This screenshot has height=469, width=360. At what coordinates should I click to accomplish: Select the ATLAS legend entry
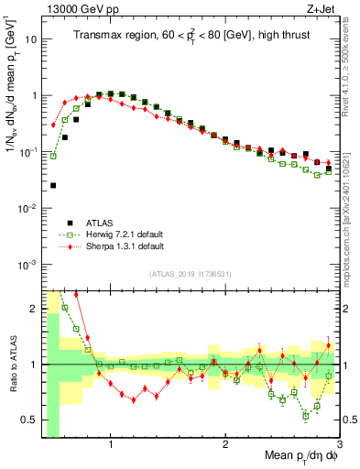(x=88, y=223)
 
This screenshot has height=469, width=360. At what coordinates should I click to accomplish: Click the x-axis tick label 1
(x=111, y=445)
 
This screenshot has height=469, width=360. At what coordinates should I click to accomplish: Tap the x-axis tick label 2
(x=225, y=445)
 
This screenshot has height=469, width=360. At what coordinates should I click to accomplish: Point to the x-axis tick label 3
(x=339, y=445)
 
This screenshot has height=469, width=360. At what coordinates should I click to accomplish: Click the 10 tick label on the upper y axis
(x=31, y=39)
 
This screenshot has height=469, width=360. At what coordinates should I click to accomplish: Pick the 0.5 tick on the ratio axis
(x=29, y=420)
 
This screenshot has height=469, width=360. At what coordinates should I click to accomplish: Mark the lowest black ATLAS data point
(x=53, y=185)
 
